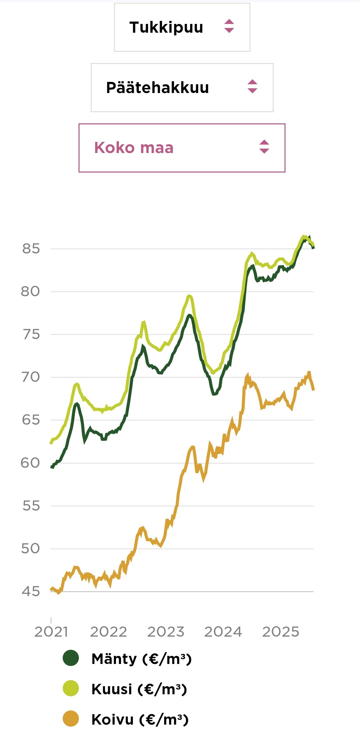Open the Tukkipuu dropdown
182,27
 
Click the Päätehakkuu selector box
182,88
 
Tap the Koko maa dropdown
182,148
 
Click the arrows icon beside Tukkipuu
229,26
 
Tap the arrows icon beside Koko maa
264,147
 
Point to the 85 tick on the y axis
31,249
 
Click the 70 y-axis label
31,377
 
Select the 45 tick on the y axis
31,591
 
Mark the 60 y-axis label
31,463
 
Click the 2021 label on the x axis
51,632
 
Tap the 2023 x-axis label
166,632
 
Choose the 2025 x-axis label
281,632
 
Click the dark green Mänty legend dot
71,658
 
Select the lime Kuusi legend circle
71,689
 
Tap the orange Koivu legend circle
71,719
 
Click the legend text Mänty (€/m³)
142,659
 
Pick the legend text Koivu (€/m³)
140,720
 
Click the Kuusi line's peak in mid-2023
189,296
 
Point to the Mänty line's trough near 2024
214,394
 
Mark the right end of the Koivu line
313,390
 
